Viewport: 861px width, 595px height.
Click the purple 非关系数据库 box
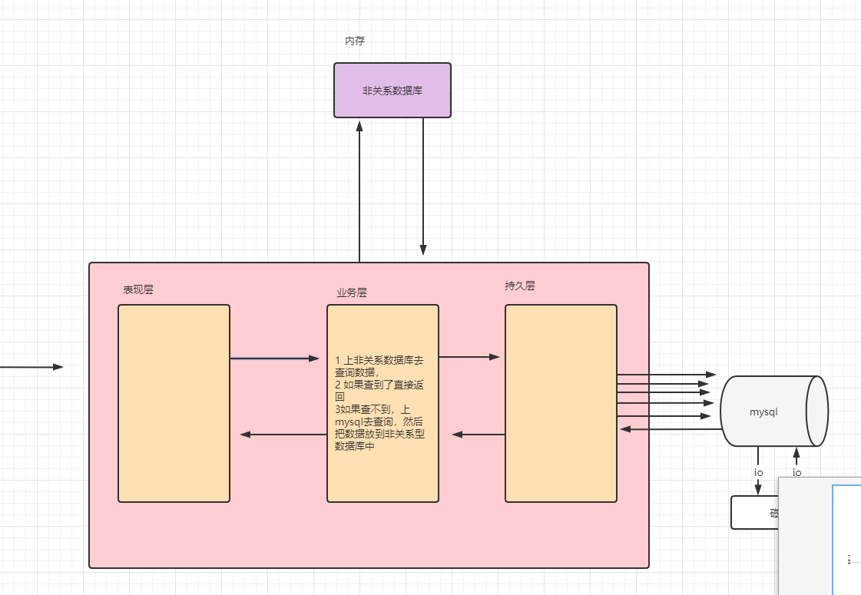pyautogui.click(x=392, y=91)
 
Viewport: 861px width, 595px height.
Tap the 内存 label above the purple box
pyautogui.click(x=355, y=41)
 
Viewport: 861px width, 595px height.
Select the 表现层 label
pyautogui.click(x=138, y=289)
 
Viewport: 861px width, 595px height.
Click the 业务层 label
pyautogui.click(x=352, y=293)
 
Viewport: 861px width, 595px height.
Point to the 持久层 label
pyautogui.click(x=520, y=286)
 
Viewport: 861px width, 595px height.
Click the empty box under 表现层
pyautogui.click(x=174, y=403)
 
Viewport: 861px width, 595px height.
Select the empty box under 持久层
pyautogui.click(x=561, y=403)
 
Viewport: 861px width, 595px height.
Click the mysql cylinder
pyautogui.click(x=772, y=411)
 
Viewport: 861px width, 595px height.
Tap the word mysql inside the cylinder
pyautogui.click(x=763, y=412)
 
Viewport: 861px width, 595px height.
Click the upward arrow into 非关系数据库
pyautogui.click(x=359, y=192)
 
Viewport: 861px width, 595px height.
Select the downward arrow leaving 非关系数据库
pyautogui.click(x=423, y=188)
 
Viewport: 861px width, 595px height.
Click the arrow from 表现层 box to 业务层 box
pyautogui.click(x=274, y=358)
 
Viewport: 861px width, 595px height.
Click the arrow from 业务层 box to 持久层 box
pyautogui.click(x=469, y=356)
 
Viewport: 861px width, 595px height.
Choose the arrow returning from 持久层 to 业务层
pyautogui.click(x=479, y=435)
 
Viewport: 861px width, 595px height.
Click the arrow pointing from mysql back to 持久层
pyautogui.click(x=668, y=428)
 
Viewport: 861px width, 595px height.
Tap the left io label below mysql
pyautogui.click(x=758, y=472)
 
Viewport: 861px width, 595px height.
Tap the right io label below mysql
pyautogui.click(x=796, y=472)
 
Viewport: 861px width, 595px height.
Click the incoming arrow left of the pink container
pyautogui.click(x=31, y=367)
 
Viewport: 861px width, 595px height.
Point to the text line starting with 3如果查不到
pyautogui.click(x=372, y=411)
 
